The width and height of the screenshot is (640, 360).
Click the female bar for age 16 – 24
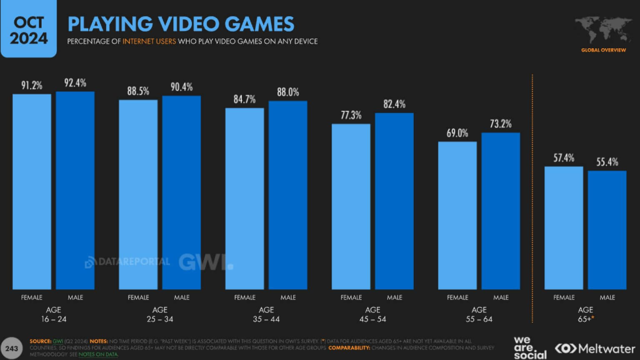pos(32,192)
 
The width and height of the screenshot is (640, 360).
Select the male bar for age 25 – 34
pos(181,192)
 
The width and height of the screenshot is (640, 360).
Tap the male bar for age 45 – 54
pos(394,201)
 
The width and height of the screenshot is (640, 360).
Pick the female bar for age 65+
pos(564,228)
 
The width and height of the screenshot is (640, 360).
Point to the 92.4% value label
pos(75,83)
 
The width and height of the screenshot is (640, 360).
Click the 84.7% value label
pos(245,99)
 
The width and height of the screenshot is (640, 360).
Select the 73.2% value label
pos(500,124)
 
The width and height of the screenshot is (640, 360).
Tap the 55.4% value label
pos(607,162)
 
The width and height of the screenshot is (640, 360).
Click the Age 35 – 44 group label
pos(266,315)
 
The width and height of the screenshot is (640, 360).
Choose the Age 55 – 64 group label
pos(479,315)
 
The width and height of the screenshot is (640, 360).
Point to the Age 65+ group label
pos(585,315)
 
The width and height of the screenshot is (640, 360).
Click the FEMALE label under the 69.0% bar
pos(457,297)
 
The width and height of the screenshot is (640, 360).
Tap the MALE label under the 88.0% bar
pos(288,297)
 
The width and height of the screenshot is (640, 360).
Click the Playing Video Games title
pos(181,24)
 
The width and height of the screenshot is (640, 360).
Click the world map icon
pos(603,30)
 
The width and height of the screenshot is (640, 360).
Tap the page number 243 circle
pos(12,348)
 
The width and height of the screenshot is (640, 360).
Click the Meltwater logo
pos(595,348)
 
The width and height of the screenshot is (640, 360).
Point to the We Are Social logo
pos(529,348)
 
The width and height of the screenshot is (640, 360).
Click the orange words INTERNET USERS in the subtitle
pos(149,41)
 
